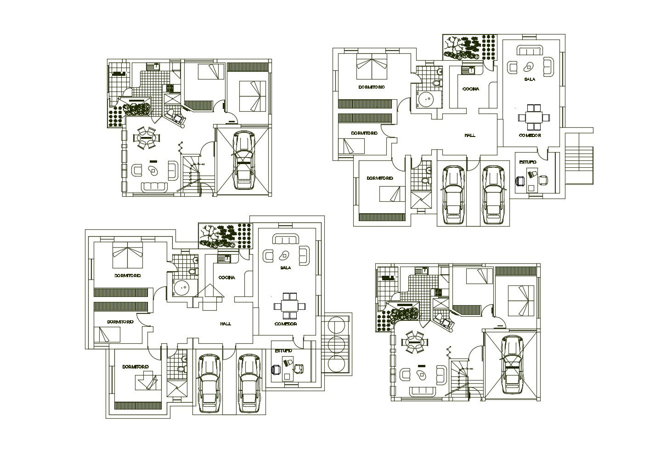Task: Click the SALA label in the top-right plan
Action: [530, 80]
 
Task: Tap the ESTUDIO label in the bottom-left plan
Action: [283, 351]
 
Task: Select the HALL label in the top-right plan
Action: [470, 136]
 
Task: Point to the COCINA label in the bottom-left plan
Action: [227, 278]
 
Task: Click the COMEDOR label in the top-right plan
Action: [530, 136]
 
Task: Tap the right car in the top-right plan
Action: [492, 190]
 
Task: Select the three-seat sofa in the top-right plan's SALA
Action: [530, 50]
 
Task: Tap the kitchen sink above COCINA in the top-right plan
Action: [469, 70]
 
